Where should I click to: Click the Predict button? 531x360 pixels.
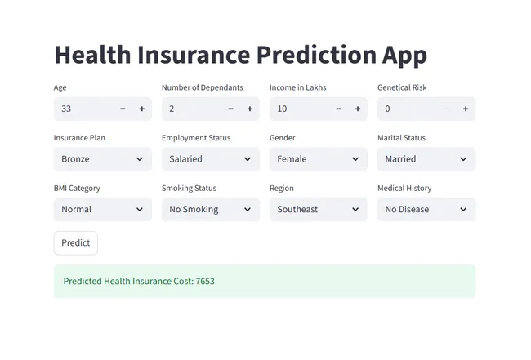[76, 242]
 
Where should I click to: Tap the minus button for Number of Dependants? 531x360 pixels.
[230, 109]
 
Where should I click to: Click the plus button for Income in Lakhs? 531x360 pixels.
[358, 109]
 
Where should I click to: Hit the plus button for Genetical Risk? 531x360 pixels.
[466, 109]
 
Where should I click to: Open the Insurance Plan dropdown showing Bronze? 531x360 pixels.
[103, 159]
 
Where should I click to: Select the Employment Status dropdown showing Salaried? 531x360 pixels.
[211, 159]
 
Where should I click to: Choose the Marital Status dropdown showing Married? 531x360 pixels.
[426, 159]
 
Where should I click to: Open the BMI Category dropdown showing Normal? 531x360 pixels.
[103, 209]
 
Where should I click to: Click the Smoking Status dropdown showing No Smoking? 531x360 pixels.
[211, 209]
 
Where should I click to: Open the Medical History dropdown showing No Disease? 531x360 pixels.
[426, 209]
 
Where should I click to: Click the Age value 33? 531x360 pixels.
[66, 109]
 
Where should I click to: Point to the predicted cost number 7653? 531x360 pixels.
[205, 282]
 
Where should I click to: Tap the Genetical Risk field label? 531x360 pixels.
[402, 87]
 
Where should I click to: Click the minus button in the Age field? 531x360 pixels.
[123, 109]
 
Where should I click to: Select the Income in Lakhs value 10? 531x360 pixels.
[282, 109]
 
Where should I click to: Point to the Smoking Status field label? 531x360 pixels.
[189, 188]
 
